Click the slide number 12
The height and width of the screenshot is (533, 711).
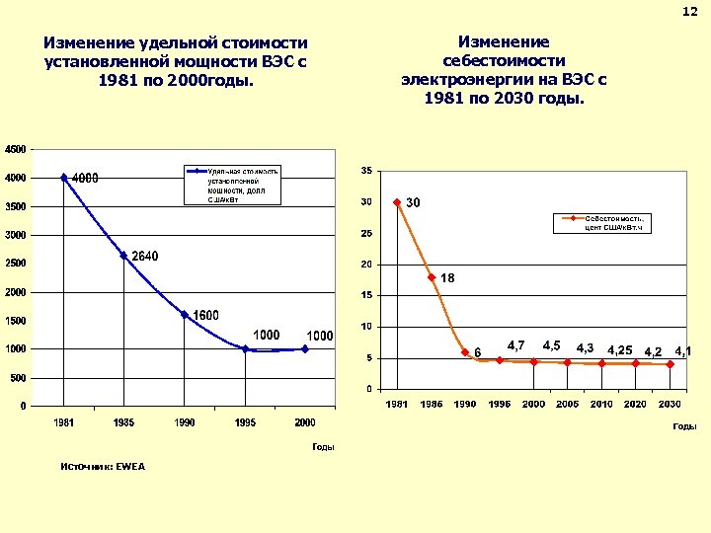click(x=690, y=11)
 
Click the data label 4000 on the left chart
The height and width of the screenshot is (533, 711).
click(x=85, y=179)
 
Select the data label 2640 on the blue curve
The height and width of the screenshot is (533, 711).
click(x=144, y=257)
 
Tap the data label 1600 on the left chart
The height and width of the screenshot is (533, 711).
click(x=205, y=315)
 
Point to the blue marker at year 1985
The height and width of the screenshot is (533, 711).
click(x=123, y=255)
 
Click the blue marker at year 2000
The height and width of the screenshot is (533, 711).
click(x=305, y=348)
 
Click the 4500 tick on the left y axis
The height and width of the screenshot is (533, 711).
click(x=16, y=149)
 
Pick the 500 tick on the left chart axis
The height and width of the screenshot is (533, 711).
click(x=19, y=378)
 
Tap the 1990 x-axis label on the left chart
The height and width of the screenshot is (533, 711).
click(x=184, y=422)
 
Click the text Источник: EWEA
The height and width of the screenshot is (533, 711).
click(x=102, y=467)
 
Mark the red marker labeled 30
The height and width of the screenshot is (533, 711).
click(x=397, y=202)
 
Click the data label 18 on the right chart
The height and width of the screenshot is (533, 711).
click(x=447, y=278)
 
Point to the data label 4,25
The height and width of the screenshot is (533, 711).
click(x=620, y=350)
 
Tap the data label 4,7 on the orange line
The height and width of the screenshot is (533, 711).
click(x=515, y=345)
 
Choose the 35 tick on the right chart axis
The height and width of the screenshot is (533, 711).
click(x=366, y=171)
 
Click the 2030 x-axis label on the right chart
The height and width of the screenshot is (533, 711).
click(x=670, y=405)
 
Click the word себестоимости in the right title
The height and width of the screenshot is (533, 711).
click(x=504, y=61)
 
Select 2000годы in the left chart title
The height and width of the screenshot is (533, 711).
click(x=211, y=81)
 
